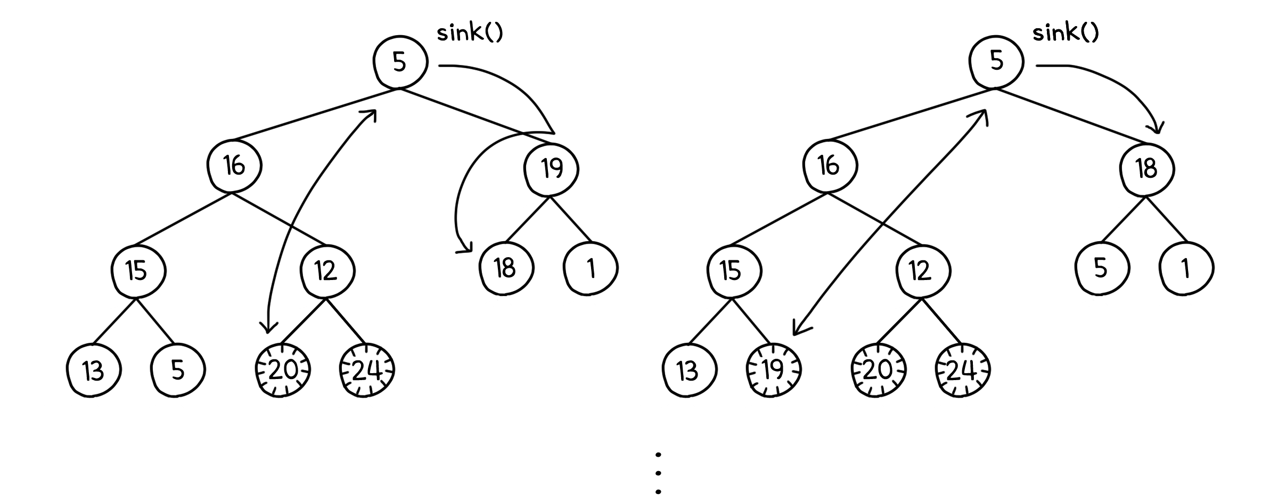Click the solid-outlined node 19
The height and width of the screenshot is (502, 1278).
552,169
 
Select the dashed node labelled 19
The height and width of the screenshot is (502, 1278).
773,370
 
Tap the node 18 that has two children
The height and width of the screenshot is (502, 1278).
1147,169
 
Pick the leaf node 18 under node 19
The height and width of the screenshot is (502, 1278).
505,268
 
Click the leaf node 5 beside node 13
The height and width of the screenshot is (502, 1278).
178,370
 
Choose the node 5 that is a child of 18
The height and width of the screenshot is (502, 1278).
1101,268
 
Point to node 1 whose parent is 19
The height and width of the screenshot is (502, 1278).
591,268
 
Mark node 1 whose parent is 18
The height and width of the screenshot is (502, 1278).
1186,268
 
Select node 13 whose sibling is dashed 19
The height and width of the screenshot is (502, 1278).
689,370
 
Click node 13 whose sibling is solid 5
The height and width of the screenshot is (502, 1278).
94,370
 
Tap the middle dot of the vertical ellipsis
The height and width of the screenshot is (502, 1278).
659,473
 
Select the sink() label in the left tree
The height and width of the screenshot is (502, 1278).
470,33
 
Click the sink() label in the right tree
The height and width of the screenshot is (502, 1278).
1066,33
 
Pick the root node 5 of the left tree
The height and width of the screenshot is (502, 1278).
400,62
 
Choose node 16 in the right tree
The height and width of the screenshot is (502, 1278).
829,166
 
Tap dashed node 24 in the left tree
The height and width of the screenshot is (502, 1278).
367,370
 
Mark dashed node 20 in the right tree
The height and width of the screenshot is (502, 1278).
878,370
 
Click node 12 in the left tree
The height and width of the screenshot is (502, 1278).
327,271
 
